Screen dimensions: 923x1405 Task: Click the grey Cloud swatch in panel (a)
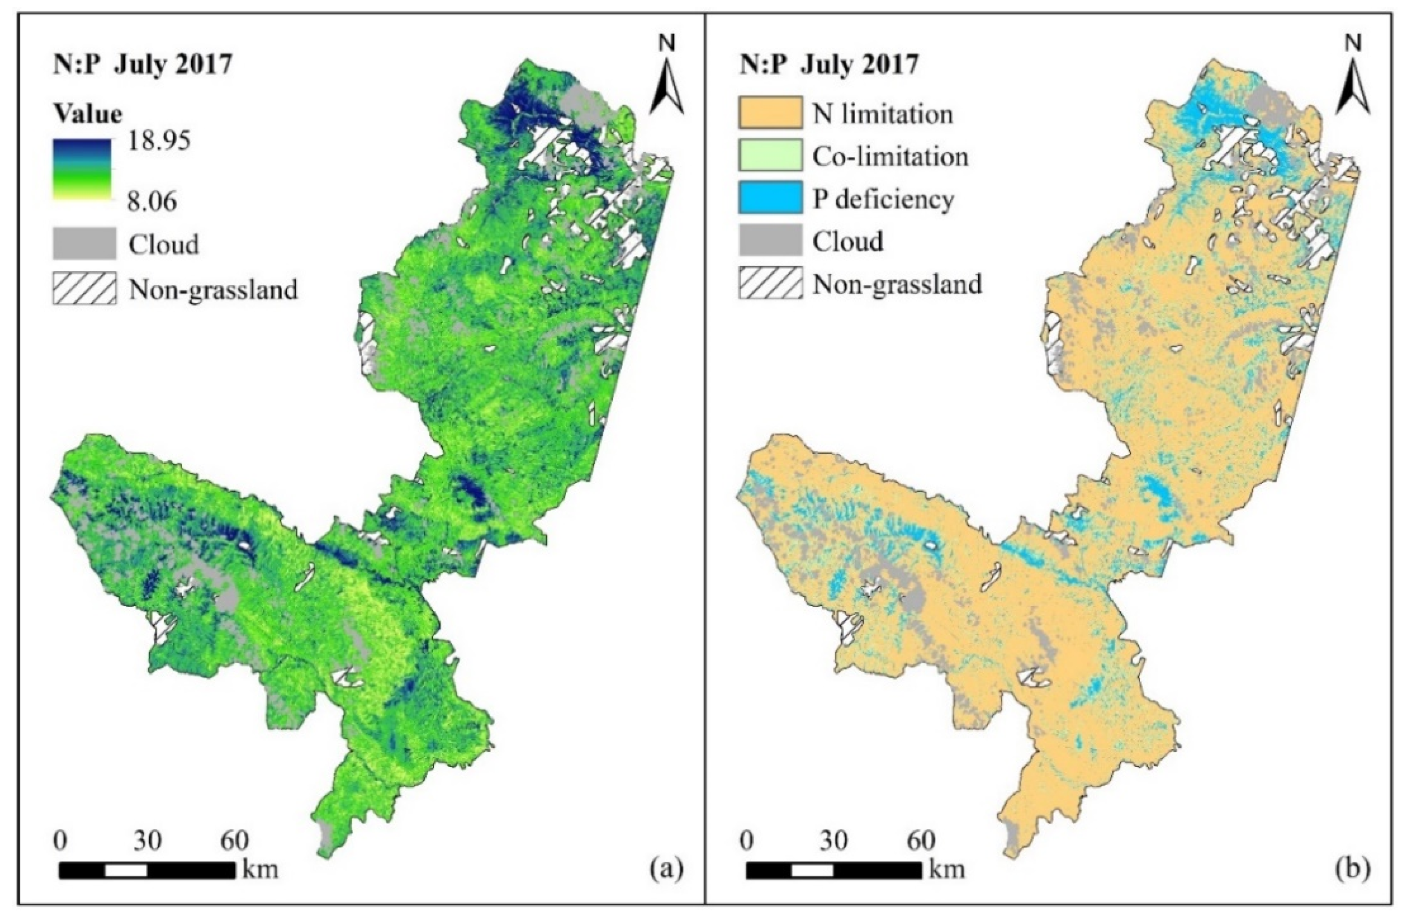pos(84,244)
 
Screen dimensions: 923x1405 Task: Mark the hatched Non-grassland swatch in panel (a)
pos(84,289)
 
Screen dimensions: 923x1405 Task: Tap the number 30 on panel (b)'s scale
pos(833,841)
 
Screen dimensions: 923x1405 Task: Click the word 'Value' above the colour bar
pos(88,113)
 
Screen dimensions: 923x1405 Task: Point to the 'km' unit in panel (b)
pos(946,869)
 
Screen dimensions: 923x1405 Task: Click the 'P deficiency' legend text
pos(882,199)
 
